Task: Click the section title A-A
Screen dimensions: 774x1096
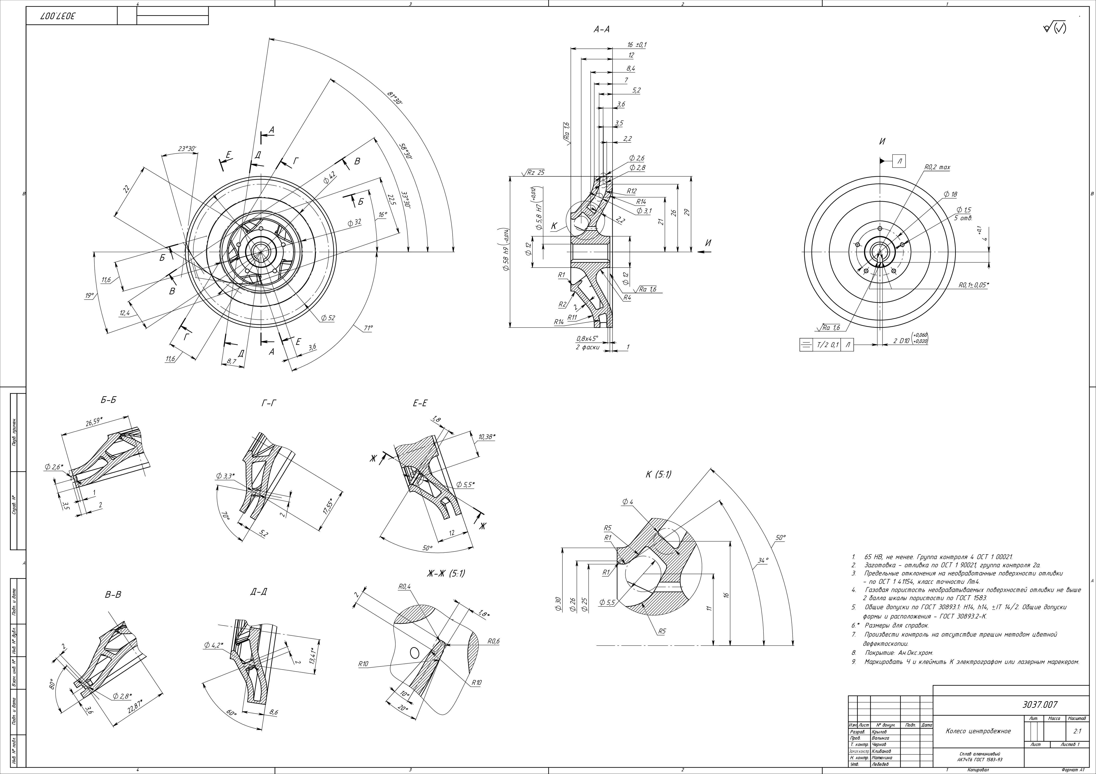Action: [601, 30]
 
